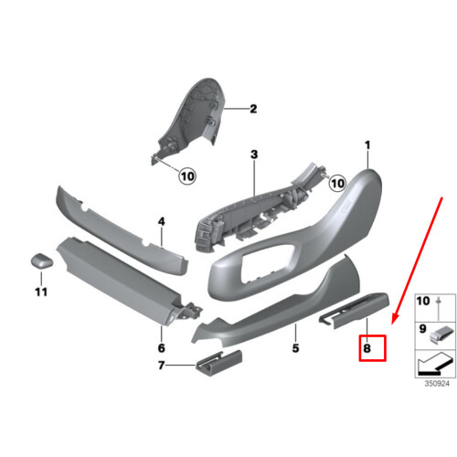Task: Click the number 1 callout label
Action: point(368,145)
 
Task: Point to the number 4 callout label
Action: point(160,221)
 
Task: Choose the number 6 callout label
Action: point(161,348)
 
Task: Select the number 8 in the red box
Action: point(372,347)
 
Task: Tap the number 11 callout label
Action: point(40,292)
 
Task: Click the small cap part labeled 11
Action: point(40,260)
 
